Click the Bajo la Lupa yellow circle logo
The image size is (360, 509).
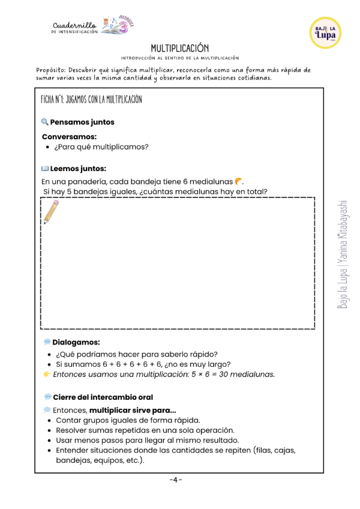pyautogui.click(x=326, y=33)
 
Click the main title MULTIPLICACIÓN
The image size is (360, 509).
pyautogui.click(x=179, y=47)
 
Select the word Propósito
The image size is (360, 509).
pyautogui.click(x=53, y=70)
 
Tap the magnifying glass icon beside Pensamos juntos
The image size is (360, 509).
pyautogui.click(x=45, y=122)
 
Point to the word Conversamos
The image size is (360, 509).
pyautogui.click(x=68, y=136)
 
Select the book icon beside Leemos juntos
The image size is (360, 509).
pyautogui.click(x=45, y=169)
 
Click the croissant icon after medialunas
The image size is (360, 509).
pyautogui.click(x=239, y=181)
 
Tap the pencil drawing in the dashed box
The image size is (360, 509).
pyautogui.click(x=51, y=212)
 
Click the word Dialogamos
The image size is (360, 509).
pyautogui.click(x=76, y=342)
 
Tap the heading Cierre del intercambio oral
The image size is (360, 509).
pyautogui.click(x=103, y=397)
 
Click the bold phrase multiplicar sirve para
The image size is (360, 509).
pyautogui.click(x=132, y=411)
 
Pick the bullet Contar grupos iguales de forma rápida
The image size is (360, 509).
pyautogui.click(x=128, y=420)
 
